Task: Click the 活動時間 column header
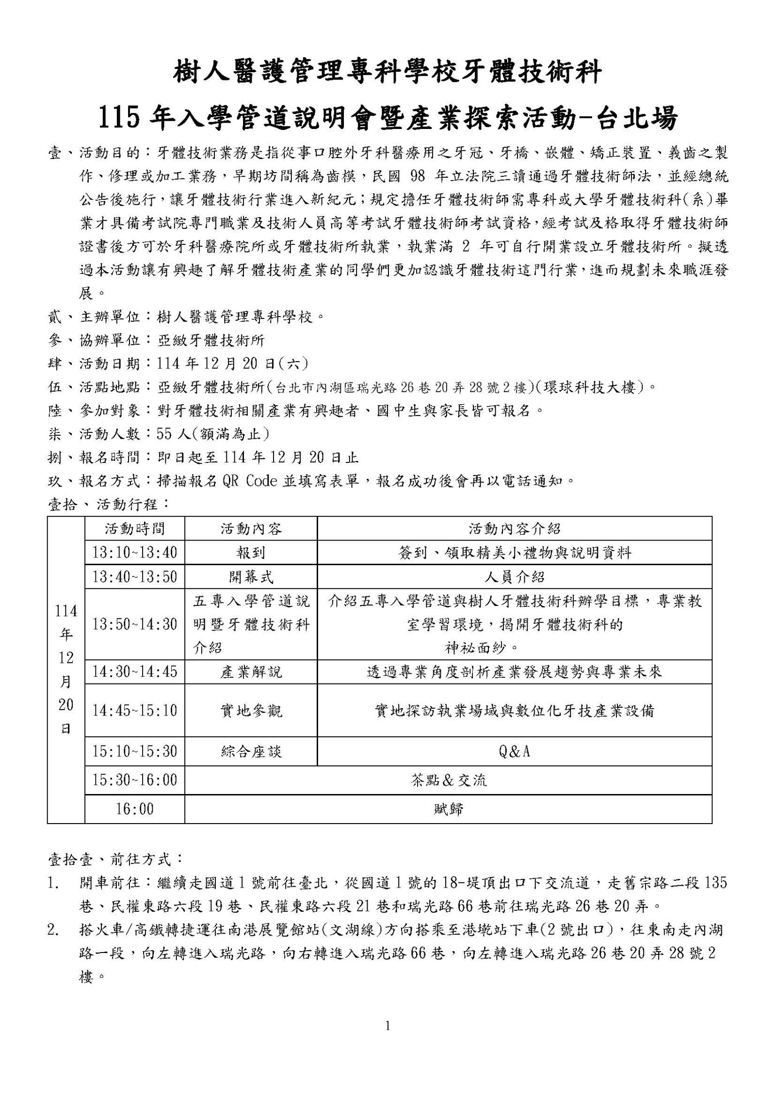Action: tap(135, 528)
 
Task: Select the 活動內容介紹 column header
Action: tap(515, 528)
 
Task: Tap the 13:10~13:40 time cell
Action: tap(135, 552)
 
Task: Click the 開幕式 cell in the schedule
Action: tap(251, 577)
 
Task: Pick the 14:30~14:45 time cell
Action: tap(135, 671)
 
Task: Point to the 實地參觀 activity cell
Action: tap(251, 711)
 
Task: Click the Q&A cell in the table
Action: tap(515, 751)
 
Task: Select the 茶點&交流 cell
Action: tap(448, 780)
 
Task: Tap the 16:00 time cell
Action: tap(135, 809)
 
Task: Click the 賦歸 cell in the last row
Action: tap(448, 809)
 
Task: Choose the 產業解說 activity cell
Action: tap(251, 671)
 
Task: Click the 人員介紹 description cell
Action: tap(515, 577)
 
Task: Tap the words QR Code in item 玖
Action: tap(249, 481)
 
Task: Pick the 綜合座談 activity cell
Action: tap(251, 751)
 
